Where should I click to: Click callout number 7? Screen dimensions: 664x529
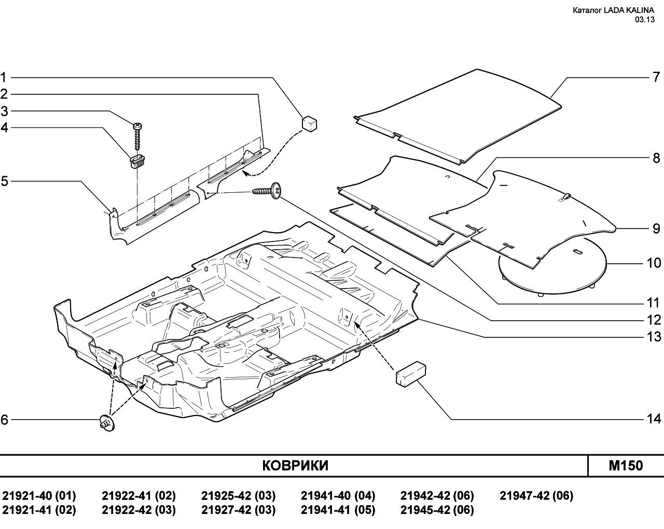coord(656,77)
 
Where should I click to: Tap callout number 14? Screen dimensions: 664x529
coord(654,419)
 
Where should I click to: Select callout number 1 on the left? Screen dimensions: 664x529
coord(4,77)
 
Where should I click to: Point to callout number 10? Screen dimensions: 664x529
coord(654,263)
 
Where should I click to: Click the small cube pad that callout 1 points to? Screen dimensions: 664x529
coord(310,124)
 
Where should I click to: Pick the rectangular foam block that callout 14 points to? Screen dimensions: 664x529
coord(411,374)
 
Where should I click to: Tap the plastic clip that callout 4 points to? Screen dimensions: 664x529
coord(136,162)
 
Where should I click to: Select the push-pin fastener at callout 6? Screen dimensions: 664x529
coord(107,423)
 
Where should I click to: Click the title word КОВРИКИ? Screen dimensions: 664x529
coord(295,465)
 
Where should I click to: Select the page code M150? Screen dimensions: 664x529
coord(626,465)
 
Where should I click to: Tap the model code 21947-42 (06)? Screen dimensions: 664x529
coord(536,496)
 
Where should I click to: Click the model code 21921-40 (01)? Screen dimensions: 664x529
coord(39,496)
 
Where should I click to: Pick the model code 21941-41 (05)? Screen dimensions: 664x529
coord(338,510)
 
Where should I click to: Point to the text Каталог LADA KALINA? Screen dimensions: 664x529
coord(613,10)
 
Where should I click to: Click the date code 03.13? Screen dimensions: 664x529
coord(645,19)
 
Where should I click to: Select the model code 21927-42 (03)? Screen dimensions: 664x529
coord(238,510)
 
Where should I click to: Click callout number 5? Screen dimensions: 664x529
coord(4,181)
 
